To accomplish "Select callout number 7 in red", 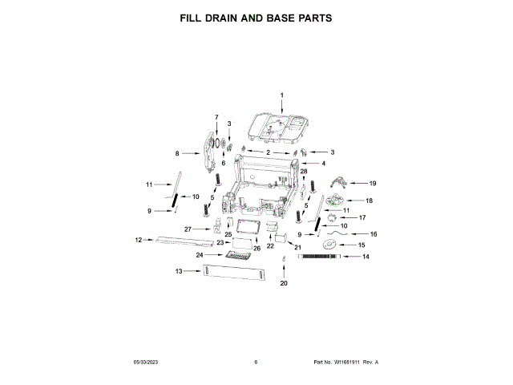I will (216, 118).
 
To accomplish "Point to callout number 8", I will (176, 152).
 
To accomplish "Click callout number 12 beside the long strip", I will (138, 239).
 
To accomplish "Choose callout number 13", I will (180, 271).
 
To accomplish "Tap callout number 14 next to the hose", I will (366, 257).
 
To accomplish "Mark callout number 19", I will (372, 183).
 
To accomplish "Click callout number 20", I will (283, 283).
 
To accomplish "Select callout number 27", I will (188, 229).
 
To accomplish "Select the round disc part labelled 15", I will (329, 244).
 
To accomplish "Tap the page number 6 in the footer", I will (256, 363).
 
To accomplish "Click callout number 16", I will (372, 233).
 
